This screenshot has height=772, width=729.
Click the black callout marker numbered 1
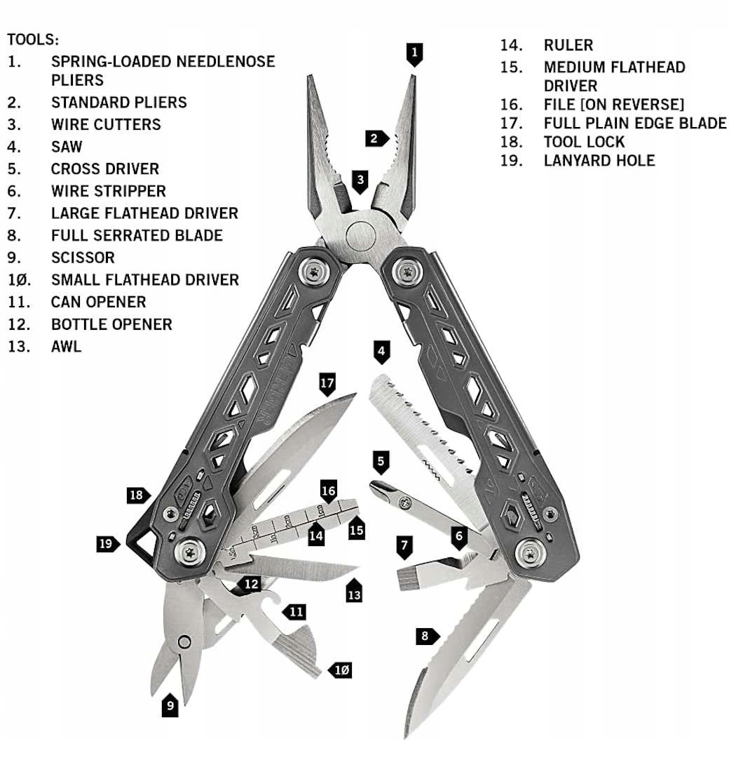coord(414,53)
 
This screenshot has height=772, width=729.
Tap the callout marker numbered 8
coord(425,637)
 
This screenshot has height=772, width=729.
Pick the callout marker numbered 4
coord(381,351)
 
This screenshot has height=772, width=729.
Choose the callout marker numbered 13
coord(355,592)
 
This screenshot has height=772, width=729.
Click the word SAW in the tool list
coord(67,147)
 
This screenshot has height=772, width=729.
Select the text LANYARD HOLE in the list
coord(599,160)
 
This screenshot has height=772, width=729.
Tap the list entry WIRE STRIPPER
coord(109,191)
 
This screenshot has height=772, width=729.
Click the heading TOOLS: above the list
coord(34,39)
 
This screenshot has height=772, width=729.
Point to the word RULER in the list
coord(568,45)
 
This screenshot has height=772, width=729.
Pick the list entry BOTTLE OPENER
coord(111,324)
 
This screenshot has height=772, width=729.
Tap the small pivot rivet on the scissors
coord(184,641)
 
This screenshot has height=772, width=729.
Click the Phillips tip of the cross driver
coord(378,487)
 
